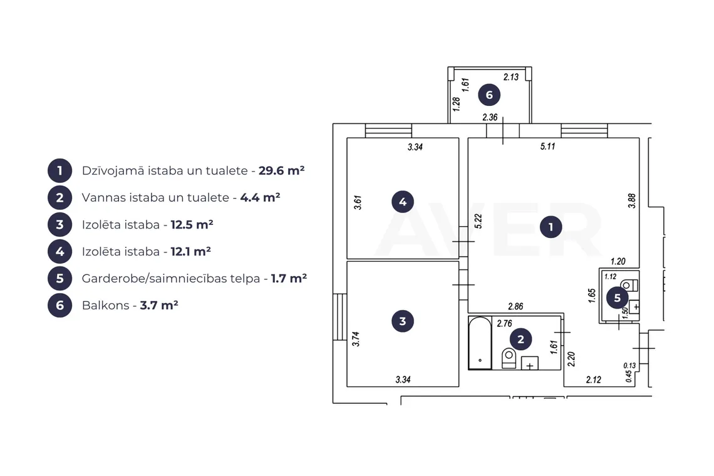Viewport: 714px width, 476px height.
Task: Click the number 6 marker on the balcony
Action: click(x=489, y=95)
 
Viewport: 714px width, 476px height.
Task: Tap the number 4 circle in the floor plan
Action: click(x=403, y=202)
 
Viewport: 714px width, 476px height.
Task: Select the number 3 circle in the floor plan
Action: click(x=403, y=321)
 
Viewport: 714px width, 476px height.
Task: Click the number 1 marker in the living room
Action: click(x=551, y=227)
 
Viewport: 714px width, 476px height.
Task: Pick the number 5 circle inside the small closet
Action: click(x=617, y=298)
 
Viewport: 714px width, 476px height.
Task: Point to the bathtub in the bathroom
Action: click(x=480, y=343)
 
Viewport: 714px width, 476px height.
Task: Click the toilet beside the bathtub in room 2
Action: click(x=509, y=358)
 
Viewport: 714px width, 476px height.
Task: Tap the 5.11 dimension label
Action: click(x=547, y=146)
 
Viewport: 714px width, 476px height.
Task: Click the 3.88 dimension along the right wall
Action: click(x=631, y=201)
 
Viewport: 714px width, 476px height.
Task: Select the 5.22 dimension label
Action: click(x=478, y=221)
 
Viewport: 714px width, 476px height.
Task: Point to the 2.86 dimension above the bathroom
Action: click(x=515, y=306)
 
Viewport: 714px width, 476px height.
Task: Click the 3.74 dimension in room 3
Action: click(x=356, y=339)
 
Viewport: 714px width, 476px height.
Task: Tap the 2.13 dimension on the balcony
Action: click(x=511, y=77)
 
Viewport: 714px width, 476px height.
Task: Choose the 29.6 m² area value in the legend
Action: click(x=281, y=170)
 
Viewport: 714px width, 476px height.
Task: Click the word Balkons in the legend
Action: click(x=106, y=305)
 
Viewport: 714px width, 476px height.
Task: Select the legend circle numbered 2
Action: click(x=59, y=198)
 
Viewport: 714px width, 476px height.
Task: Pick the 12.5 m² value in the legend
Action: click(x=192, y=225)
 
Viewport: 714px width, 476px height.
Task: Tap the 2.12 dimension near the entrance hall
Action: click(x=593, y=380)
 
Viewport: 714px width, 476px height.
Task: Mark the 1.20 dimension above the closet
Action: click(x=618, y=261)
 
